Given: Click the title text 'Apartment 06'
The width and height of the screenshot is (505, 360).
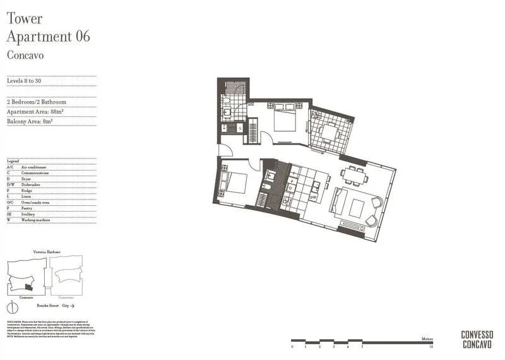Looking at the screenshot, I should pos(48,37).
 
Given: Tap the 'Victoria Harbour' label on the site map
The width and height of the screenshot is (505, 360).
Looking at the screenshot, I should pos(46,251).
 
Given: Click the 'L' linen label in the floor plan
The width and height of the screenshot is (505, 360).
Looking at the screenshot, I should pos(239,128).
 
